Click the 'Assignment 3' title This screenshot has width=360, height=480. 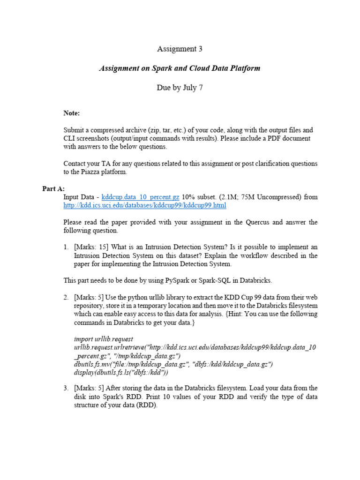180,49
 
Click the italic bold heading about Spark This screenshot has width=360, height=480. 180,68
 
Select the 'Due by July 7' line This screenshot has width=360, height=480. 180,88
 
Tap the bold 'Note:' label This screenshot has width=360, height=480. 72,113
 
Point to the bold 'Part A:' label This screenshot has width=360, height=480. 53,189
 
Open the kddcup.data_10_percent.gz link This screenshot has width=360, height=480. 140,197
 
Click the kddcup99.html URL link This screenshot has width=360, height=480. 145,205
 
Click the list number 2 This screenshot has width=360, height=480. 67,297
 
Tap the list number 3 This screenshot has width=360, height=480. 67,388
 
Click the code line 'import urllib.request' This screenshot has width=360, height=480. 104,339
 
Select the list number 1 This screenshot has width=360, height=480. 67,247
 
